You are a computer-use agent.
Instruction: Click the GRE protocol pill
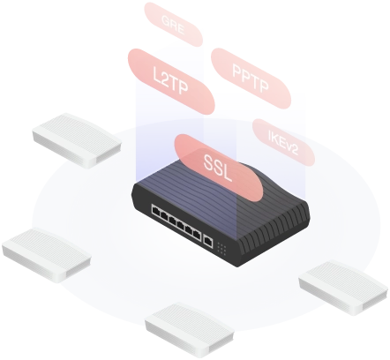point(173,25)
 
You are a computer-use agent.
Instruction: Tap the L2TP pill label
point(171,81)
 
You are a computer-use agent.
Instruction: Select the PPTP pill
point(251,79)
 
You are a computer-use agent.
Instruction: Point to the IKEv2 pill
point(283,142)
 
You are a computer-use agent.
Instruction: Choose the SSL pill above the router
point(218,168)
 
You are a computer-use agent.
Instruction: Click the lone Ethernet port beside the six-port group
point(208,241)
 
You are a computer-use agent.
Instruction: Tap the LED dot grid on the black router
point(221,249)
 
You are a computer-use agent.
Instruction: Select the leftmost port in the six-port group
point(155,211)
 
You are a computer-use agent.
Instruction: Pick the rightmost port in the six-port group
point(197,235)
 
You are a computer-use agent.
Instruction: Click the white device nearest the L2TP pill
point(77,140)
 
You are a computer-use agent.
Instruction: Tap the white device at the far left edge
point(47,255)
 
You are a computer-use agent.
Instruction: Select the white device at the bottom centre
point(190,329)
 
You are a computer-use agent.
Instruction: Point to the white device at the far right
point(343,288)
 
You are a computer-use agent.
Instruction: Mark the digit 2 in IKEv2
point(293,150)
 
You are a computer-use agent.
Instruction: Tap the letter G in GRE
point(167,20)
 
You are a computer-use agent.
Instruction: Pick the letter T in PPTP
point(252,79)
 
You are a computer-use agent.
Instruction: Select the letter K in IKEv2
point(275,138)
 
